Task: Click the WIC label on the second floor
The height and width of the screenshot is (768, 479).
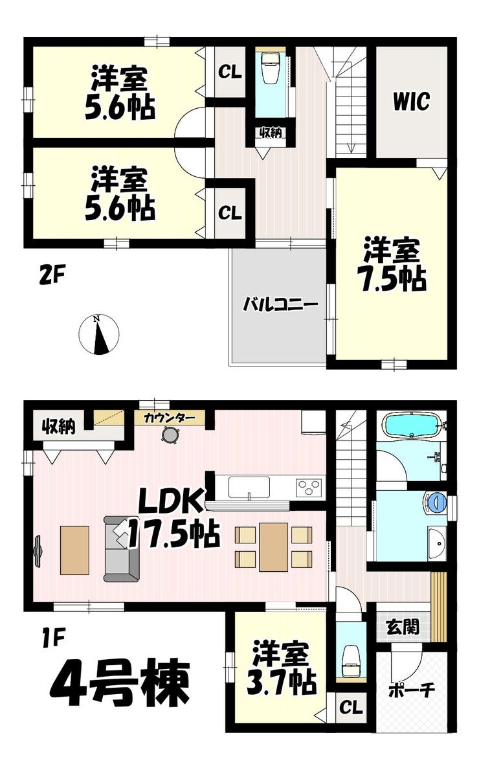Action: tap(412, 102)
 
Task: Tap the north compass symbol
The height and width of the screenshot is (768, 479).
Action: tap(99, 335)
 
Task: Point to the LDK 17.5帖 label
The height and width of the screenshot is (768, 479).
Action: tap(173, 519)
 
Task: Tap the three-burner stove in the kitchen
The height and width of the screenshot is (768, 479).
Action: tap(309, 488)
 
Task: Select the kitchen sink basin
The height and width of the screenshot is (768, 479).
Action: tap(249, 488)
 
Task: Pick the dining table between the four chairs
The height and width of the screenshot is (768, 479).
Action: tap(273, 547)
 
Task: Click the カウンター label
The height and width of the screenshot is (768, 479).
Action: tap(170, 418)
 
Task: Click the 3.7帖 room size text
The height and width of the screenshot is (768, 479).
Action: tap(281, 683)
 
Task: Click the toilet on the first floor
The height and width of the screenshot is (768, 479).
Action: tap(351, 662)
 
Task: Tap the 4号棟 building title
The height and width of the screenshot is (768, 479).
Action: tap(120, 683)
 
